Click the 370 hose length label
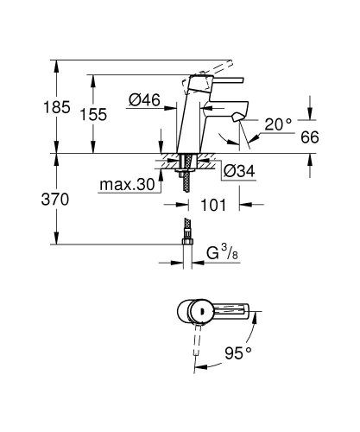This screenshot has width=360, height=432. point(22,200)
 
